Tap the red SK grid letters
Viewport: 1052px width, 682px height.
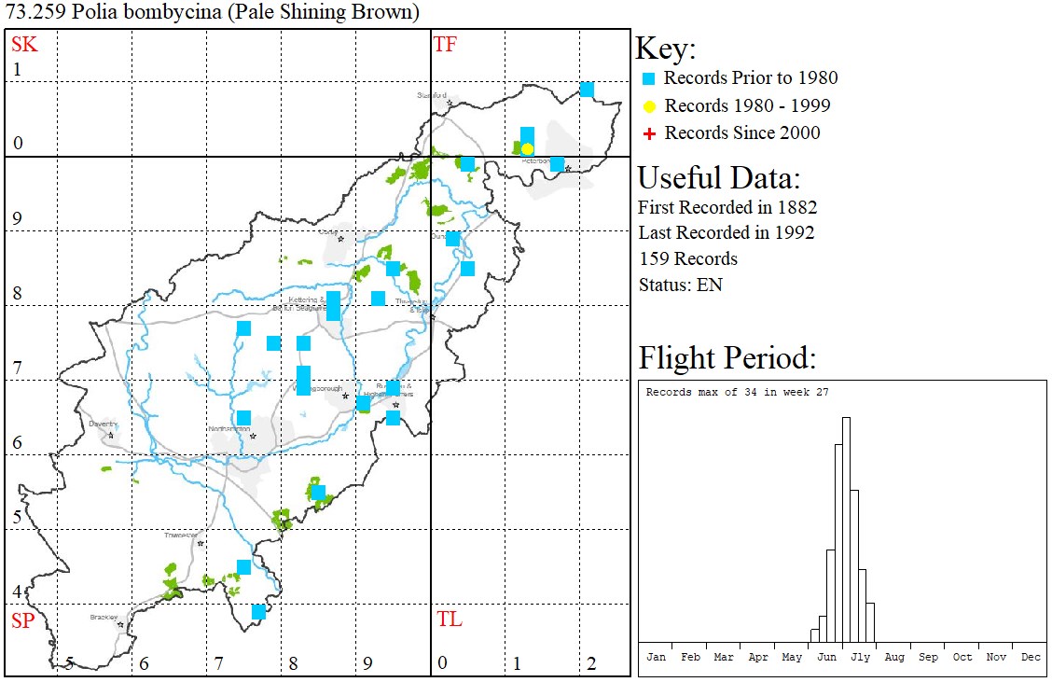[24, 44]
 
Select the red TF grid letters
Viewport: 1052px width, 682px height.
[446, 44]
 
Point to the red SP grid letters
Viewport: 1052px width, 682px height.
[22, 620]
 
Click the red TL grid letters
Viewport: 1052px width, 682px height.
[449, 619]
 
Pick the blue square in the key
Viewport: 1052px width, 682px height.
[650, 78]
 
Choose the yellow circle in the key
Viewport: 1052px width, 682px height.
[650, 106]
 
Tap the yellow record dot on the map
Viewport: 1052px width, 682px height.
[527, 149]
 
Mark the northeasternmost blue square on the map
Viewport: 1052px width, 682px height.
[587, 90]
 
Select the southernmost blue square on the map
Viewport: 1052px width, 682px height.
[258, 612]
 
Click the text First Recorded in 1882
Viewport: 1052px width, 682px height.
[727, 207]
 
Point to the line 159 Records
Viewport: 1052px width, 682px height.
[687, 258]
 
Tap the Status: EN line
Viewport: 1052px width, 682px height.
[680, 285]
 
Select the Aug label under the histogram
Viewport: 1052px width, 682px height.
[894, 658]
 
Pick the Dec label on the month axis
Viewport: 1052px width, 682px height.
[1031, 658]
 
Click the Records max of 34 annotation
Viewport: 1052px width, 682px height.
[737, 393]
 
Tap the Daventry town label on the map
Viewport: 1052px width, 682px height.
[103, 424]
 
